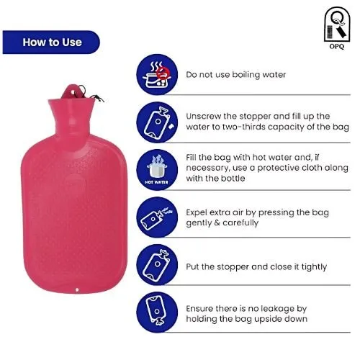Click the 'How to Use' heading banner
coord(51,42)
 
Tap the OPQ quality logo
coord(337,28)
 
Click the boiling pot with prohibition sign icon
coord(157,74)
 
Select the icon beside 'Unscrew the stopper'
coord(157,122)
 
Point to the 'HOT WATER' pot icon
coord(157,170)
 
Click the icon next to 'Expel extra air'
coord(157,217)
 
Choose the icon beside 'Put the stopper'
coord(157,265)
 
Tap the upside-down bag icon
coord(157,312)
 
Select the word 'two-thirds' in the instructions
coord(242,127)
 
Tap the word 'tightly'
coord(314,267)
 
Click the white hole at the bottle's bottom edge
coord(77,290)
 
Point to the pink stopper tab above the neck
coord(71,91)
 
